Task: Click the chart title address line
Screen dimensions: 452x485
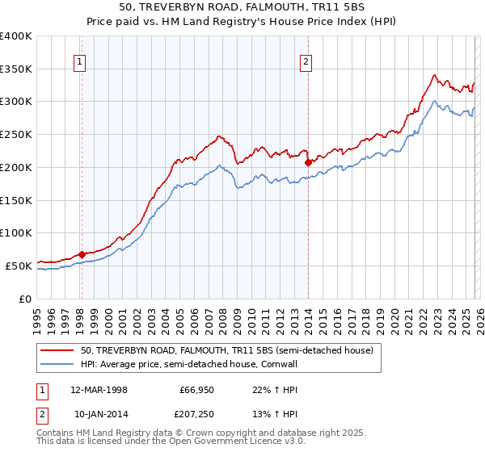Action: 242,7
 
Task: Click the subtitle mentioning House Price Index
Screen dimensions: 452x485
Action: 242,20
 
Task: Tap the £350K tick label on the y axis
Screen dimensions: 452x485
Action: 16,69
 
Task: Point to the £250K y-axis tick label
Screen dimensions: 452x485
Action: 16,135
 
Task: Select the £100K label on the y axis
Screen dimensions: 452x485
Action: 16,232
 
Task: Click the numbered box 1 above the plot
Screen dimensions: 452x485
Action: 81,61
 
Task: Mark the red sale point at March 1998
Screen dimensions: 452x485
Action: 82,255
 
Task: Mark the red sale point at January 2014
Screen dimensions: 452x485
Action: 308,162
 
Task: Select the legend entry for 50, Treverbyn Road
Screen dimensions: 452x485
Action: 226,351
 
